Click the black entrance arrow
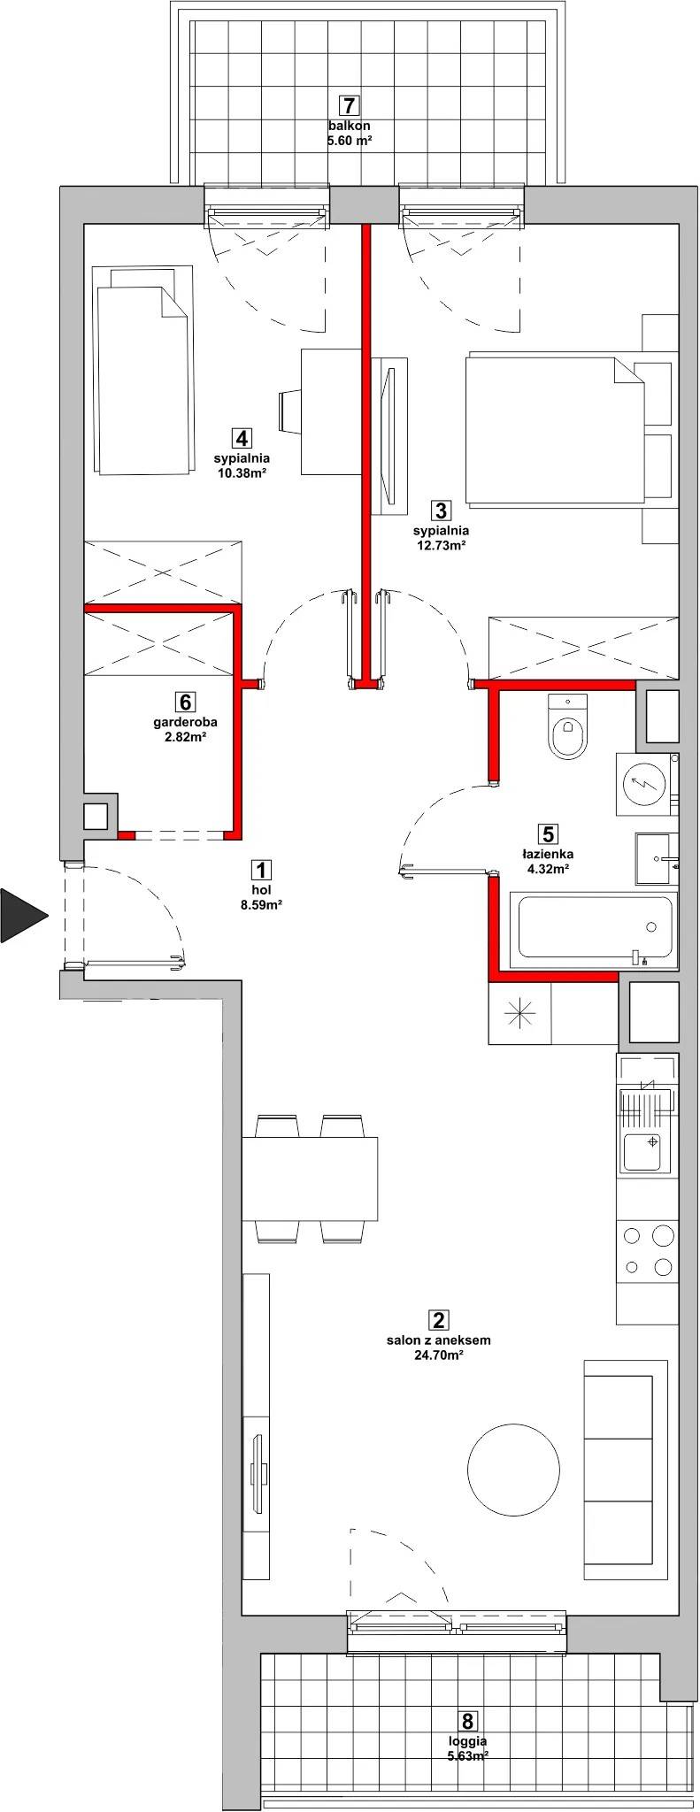click(x=22, y=915)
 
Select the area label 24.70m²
click(x=438, y=1355)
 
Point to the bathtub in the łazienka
click(x=595, y=927)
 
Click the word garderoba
click(x=185, y=722)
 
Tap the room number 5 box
click(x=548, y=834)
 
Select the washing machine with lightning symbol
click(x=647, y=784)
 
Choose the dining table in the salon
click(x=310, y=1179)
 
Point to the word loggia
click(x=467, y=1740)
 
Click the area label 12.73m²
click(x=441, y=545)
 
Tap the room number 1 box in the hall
click(x=260, y=870)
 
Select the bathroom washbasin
click(x=657, y=858)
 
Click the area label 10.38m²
click(x=241, y=473)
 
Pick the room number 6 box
click(x=185, y=703)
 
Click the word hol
click(x=260, y=890)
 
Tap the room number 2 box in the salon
click(x=438, y=1321)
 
